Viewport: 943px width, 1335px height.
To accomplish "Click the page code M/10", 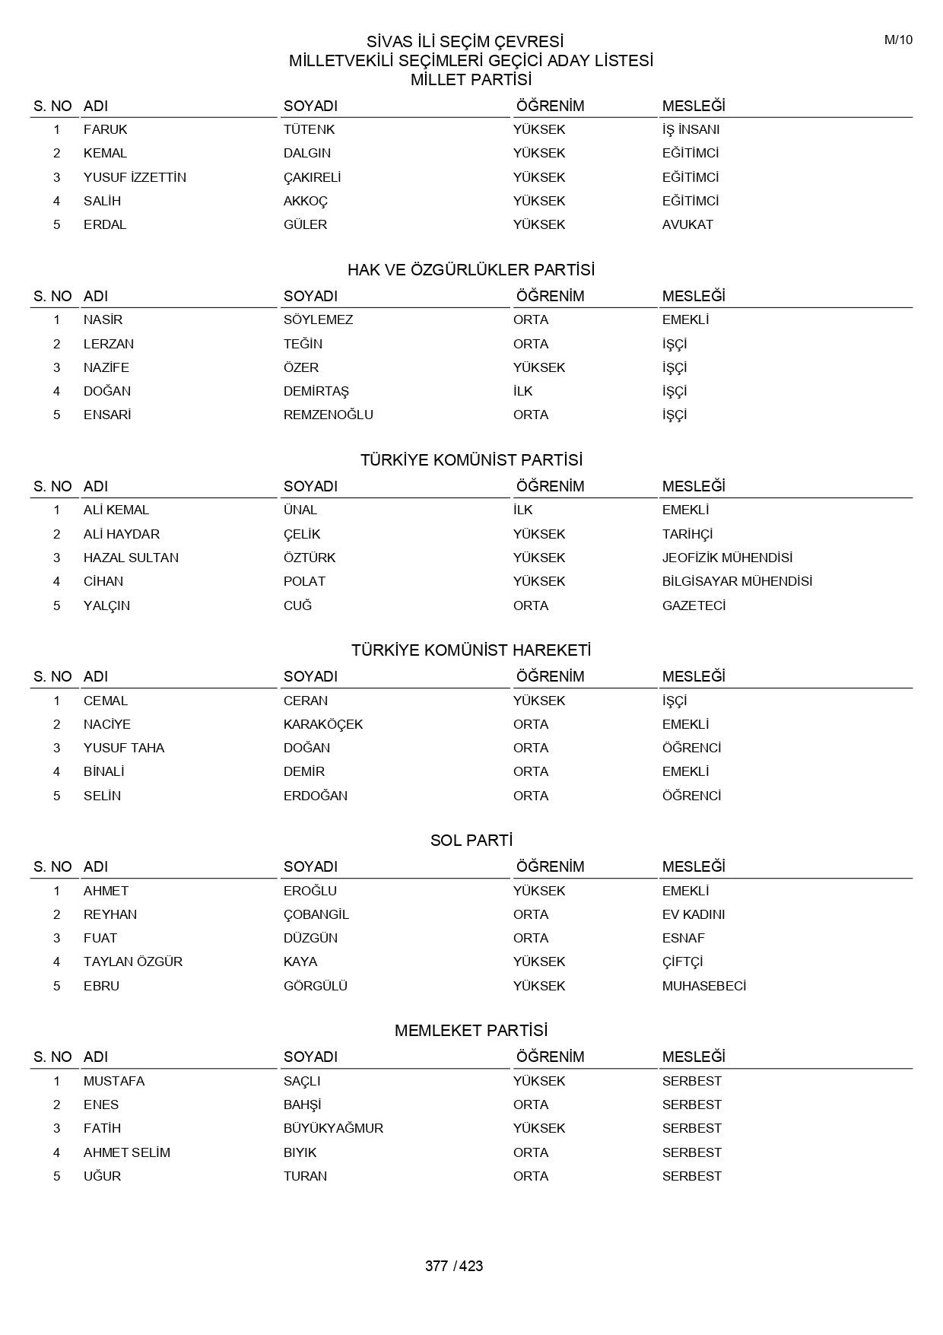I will click(x=898, y=40).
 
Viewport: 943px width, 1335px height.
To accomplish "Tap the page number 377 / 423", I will click(x=454, y=1266).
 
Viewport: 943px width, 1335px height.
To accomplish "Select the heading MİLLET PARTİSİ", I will click(x=471, y=80).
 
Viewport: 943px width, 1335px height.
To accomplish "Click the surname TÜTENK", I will click(x=309, y=129).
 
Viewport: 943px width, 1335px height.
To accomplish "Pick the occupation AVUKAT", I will click(x=687, y=224).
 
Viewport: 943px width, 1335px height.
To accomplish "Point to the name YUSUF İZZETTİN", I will click(x=135, y=177).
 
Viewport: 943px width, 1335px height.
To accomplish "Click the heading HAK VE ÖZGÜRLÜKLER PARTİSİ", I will click(x=471, y=270).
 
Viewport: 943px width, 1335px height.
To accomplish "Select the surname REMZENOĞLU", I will click(x=328, y=415).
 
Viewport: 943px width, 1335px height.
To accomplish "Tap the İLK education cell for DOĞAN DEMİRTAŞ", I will click(x=523, y=391).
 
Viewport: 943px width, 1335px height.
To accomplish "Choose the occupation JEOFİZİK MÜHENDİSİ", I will click(x=727, y=558).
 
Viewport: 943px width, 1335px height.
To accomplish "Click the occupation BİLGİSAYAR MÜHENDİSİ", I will click(x=737, y=581).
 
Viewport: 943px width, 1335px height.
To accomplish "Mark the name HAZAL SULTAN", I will click(x=131, y=558).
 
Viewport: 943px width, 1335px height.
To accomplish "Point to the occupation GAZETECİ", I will click(x=694, y=606).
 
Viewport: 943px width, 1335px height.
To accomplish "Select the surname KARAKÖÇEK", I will click(x=323, y=724).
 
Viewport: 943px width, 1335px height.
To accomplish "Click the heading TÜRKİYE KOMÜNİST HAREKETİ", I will click(x=471, y=650).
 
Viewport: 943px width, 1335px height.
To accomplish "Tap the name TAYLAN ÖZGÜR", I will click(x=133, y=962).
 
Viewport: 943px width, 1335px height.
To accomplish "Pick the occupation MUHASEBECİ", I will click(x=703, y=986).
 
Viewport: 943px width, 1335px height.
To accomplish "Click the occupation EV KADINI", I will click(x=693, y=914).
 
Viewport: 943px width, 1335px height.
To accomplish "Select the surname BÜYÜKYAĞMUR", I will click(x=333, y=1128).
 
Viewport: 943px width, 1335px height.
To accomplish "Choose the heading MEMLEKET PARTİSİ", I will click(x=471, y=1031).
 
